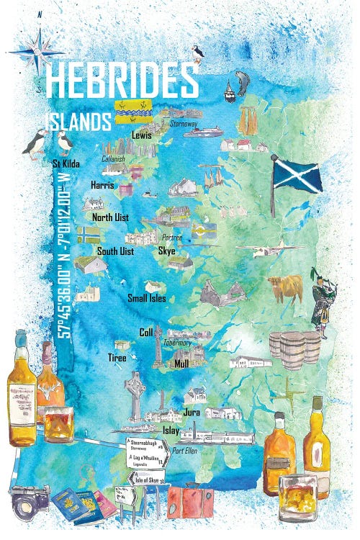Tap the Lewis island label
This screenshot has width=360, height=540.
tap(141, 134)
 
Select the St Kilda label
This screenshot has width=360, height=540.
tap(66, 163)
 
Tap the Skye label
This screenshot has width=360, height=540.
tap(166, 251)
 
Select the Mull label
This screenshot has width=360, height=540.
tap(181, 364)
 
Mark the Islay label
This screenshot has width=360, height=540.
tap(171, 429)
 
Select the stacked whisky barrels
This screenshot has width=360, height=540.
tap(294, 348)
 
